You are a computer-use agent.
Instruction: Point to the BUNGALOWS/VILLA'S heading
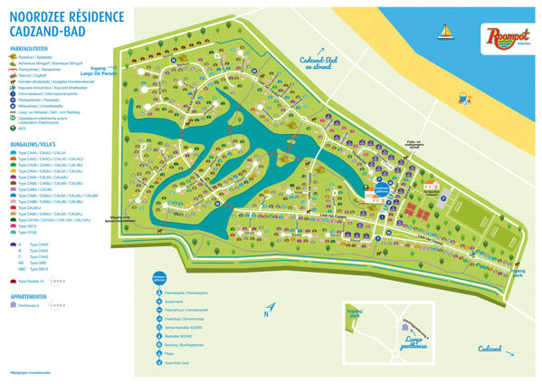click(x=35, y=142)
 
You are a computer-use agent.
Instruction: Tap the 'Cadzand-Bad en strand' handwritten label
click(x=319, y=62)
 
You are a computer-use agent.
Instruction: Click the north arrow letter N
click(x=268, y=313)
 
